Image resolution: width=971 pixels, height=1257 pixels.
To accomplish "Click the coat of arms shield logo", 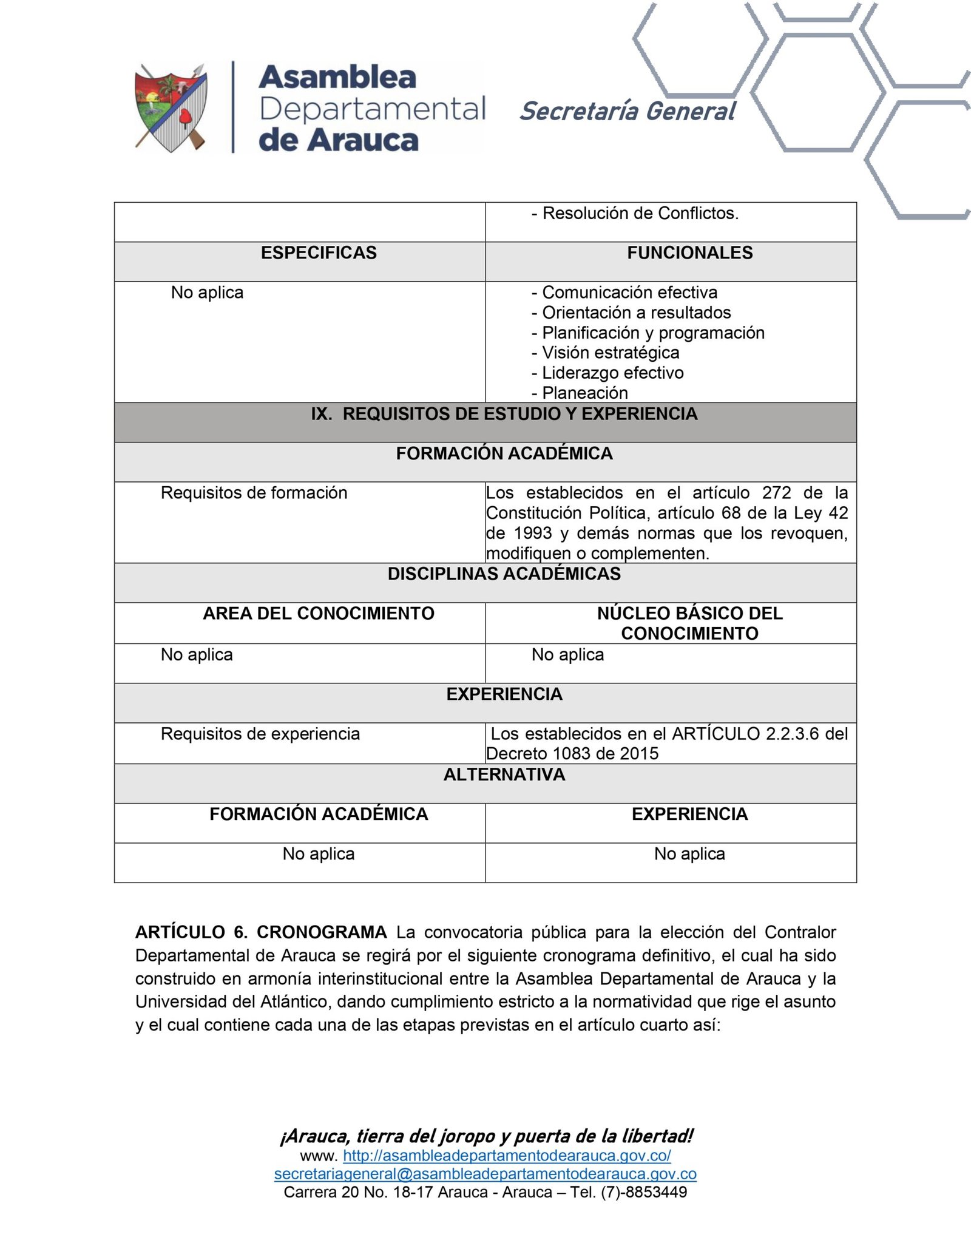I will click(171, 108).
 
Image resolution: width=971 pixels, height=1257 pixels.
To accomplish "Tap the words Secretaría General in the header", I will click(627, 112).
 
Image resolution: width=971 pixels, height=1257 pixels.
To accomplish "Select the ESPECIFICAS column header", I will click(319, 253).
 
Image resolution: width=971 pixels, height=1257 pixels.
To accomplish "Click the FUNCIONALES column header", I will click(689, 253).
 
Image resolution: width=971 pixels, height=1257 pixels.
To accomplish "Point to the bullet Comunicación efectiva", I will click(629, 293).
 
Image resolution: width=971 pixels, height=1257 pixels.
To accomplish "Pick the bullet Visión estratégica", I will click(610, 353).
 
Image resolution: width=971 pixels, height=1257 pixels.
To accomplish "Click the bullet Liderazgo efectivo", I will click(612, 373).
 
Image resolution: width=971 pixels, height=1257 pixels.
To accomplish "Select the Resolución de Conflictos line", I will click(640, 214).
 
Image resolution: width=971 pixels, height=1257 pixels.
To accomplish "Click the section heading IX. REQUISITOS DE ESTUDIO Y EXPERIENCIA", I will click(504, 414).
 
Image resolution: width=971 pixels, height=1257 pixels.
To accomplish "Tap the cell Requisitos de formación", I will click(254, 493).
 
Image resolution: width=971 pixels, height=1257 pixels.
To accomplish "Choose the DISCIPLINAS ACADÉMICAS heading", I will click(504, 574).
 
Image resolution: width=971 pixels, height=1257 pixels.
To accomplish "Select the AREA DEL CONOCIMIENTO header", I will click(319, 614).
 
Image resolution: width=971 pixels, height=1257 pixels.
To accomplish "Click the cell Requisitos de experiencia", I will click(260, 734).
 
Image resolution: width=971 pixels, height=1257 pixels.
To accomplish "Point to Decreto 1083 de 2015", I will click(572, 754).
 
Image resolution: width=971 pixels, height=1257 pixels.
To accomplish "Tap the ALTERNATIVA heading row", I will click(504, 775).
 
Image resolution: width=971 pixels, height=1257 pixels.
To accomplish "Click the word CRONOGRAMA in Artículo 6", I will click(322, 932).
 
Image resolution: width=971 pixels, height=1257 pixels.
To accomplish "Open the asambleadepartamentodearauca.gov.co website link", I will click(507, 1156).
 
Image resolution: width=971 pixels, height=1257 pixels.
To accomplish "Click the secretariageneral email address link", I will click(485, 1174).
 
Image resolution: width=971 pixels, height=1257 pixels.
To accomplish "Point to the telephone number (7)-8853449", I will click(644, 1192).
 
